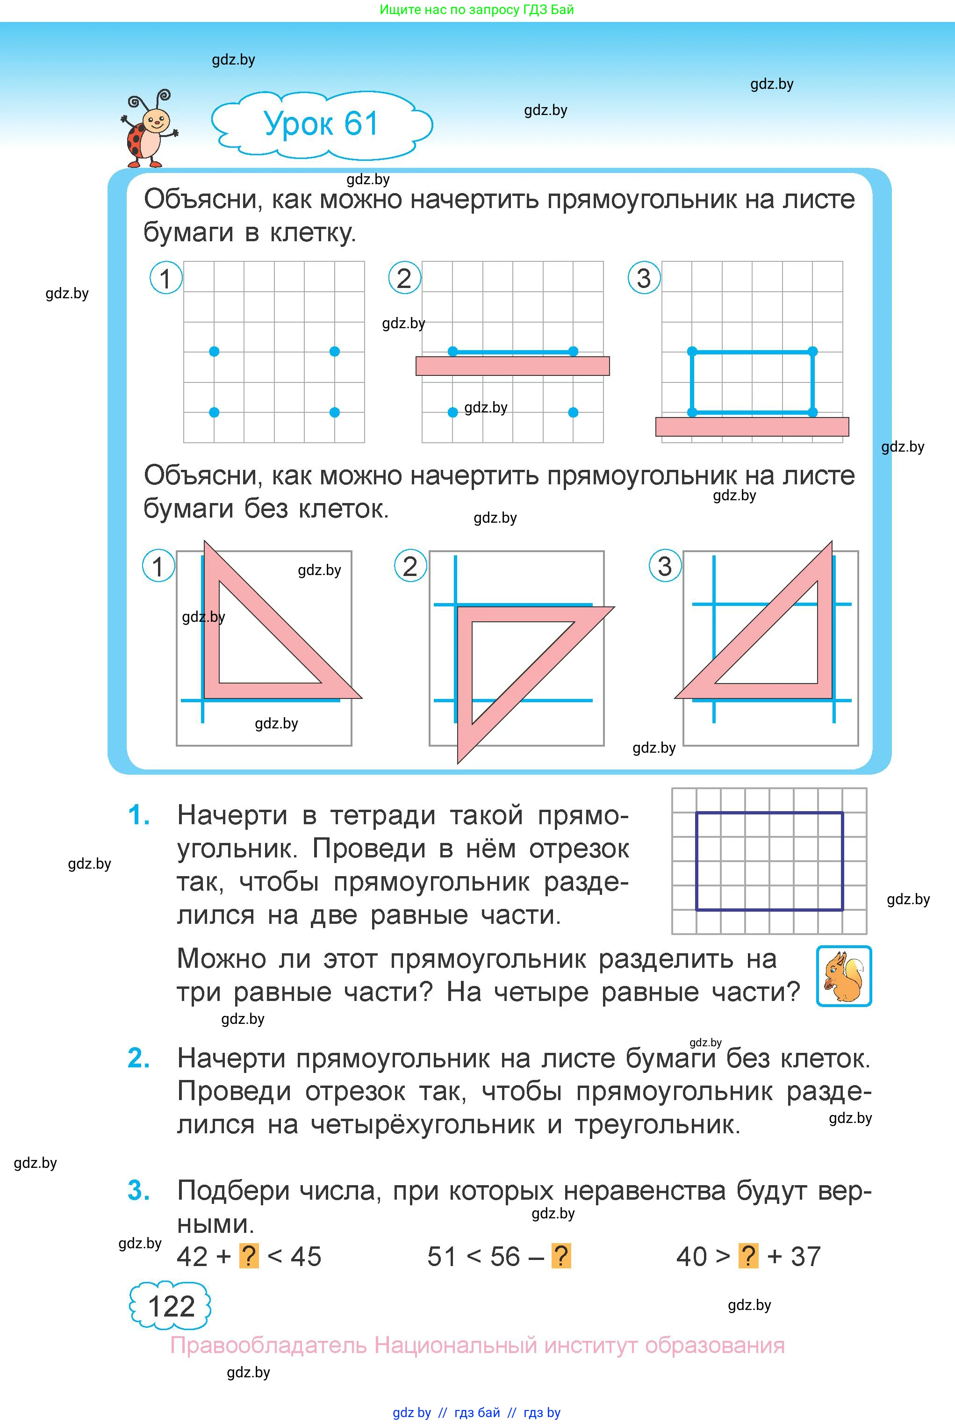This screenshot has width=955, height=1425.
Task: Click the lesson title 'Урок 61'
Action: point(321,123)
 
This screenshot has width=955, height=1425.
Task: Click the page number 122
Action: point(171,1306)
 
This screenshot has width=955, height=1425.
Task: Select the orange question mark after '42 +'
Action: point(249,1256)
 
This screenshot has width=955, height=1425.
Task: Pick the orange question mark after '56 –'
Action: point(561,1256)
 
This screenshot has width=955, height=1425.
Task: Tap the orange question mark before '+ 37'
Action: point(748,1256)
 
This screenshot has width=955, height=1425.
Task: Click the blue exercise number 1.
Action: point(139,815)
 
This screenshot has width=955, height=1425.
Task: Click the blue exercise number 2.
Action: point(139,1058)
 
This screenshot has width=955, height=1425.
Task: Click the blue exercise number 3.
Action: point(139,1191)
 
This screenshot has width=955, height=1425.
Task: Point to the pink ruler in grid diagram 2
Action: point(512,366)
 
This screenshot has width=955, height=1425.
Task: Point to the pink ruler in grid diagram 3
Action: point(752,427)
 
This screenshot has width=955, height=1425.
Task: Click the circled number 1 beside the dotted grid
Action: point(165,278)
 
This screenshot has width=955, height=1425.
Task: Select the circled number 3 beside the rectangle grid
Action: point(644,278)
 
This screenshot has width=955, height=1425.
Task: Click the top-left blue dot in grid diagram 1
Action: point(214,352)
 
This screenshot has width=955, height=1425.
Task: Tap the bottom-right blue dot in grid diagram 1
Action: point(334,412)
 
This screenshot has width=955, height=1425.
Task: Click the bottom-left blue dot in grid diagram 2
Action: point(452,412)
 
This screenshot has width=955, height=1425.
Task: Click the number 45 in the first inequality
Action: point(306,1256)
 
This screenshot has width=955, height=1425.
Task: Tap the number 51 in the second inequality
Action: point(443,1256)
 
